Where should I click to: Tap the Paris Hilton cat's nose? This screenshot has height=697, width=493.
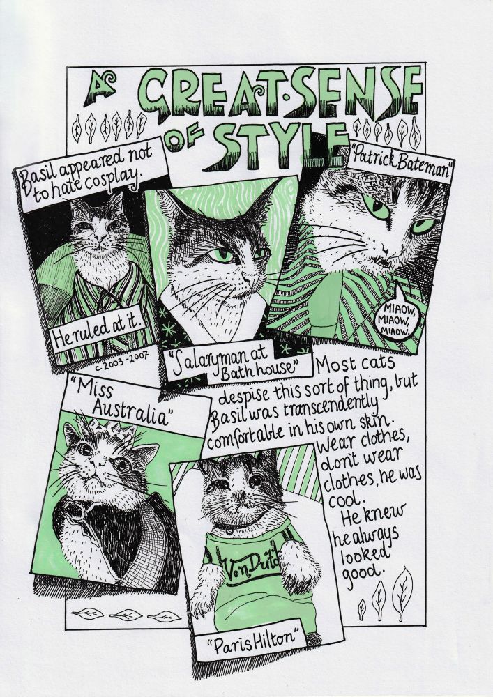point(240,495)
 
